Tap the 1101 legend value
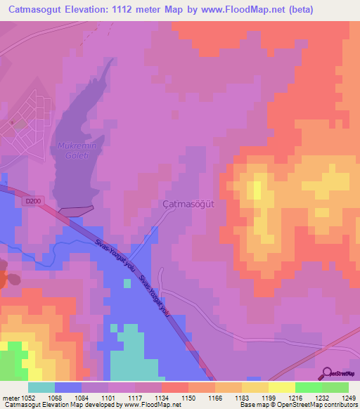pyautogui.click(x=110, y=397)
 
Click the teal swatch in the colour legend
pyautogui.click(x=41, y=387)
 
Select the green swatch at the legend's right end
pyautogui.click(x=335, y=387)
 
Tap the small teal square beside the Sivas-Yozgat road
pyautogui.click(x=127, y=283)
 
